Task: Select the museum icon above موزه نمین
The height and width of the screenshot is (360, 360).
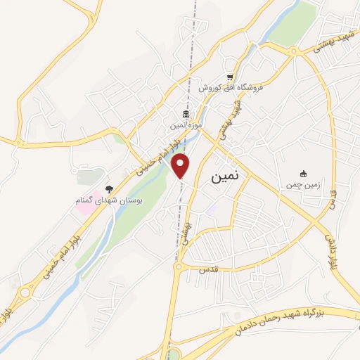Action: coord(186,115)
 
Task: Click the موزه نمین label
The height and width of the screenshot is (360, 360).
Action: coord(186,126)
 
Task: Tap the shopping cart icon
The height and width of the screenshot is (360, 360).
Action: coord(230,77)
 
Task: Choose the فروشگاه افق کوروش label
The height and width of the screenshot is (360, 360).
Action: coord(230,88)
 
